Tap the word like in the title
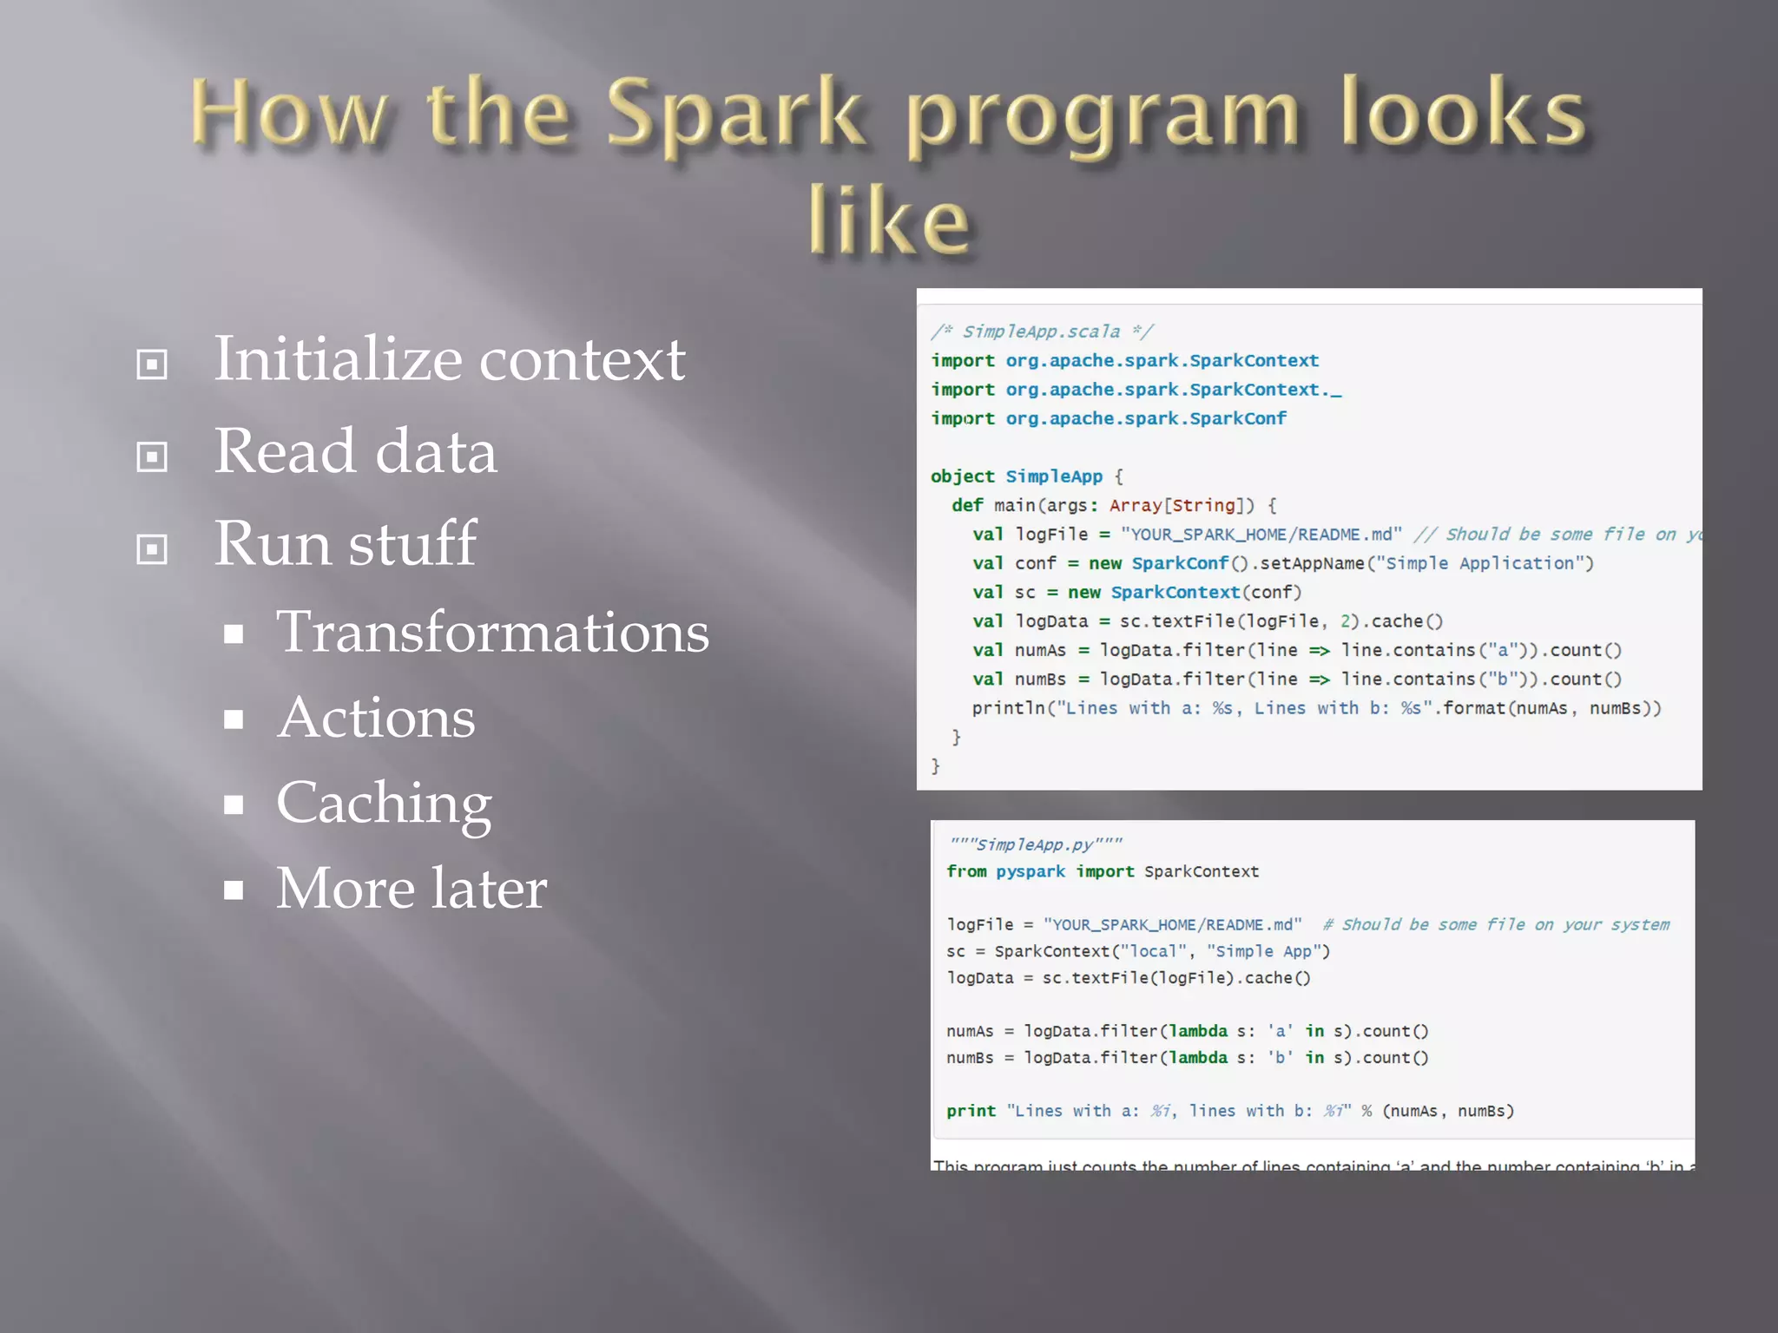point(888,220)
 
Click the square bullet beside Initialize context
point(152,364)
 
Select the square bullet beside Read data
point(152,456)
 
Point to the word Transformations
point(492,632)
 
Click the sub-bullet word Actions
point(376,718)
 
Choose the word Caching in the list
point(384,803)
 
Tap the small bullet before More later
point(233,890)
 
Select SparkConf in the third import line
point(1238,418)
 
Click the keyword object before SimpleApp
point(962,476)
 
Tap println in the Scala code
point(1008,708)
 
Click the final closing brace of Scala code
point(935,765)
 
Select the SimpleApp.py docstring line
point(1035,844)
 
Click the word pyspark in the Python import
point(1030,871)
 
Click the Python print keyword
point(971,1111)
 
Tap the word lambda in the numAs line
point(1198,1031)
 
